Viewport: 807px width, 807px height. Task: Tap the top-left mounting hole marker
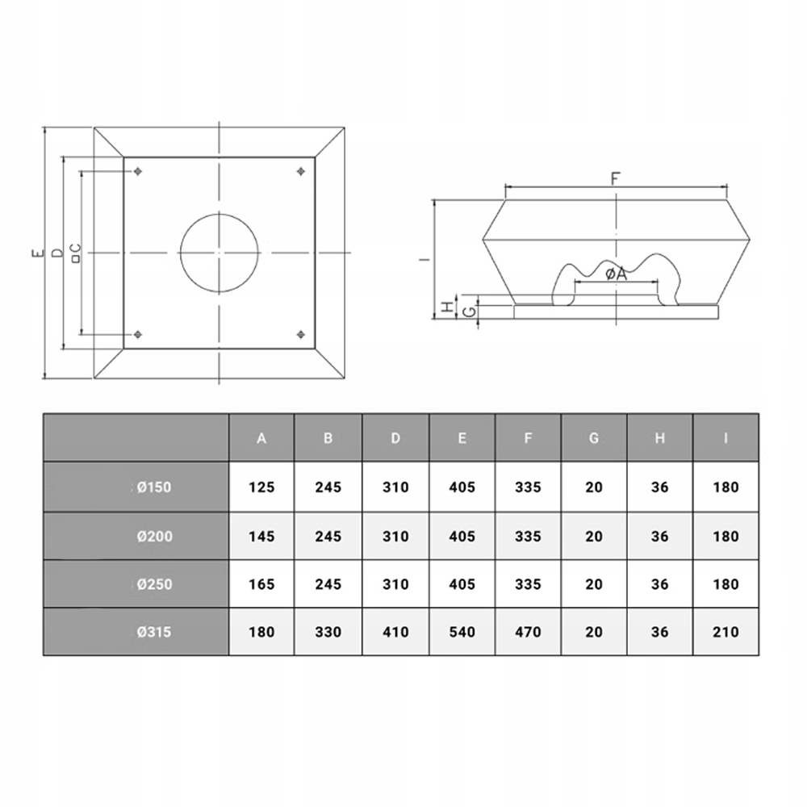coord(137,171)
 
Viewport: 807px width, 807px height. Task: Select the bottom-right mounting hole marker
coord(301,335)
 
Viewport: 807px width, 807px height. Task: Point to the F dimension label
coord(616,178)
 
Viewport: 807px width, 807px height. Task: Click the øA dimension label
coord(616,274)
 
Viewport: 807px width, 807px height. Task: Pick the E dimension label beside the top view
coord(37,253)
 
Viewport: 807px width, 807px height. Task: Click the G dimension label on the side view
coord(469,312)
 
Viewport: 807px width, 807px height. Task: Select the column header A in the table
coord(261,438)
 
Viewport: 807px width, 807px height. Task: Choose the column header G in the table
coord(594,438)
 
